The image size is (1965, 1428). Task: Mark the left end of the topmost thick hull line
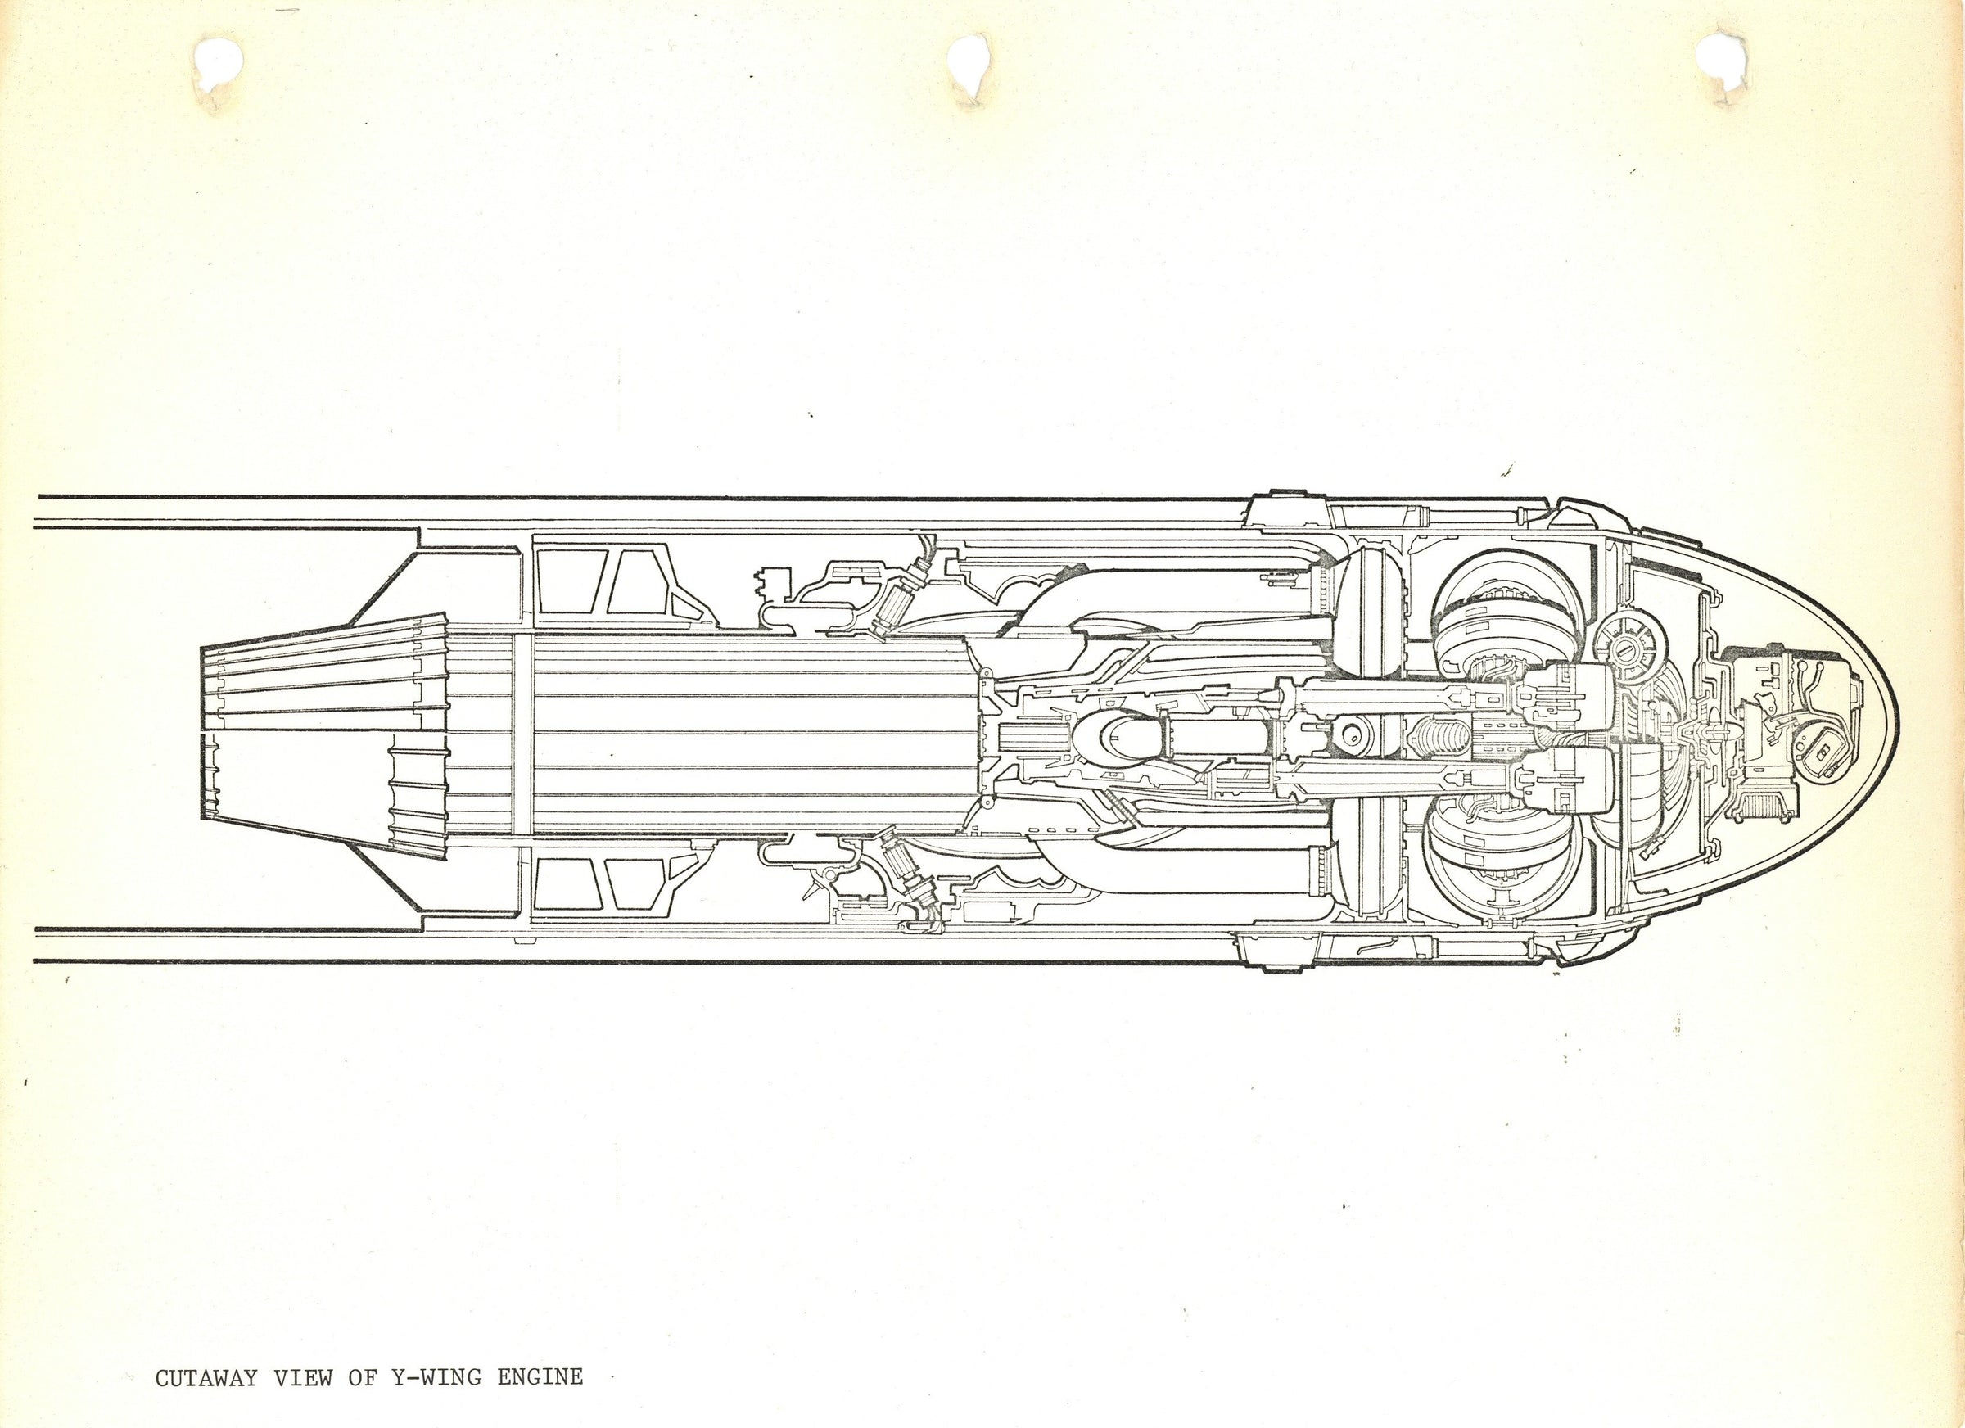click(x=39, y=496)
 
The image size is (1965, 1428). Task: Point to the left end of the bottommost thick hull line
click(x=35, y=960)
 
